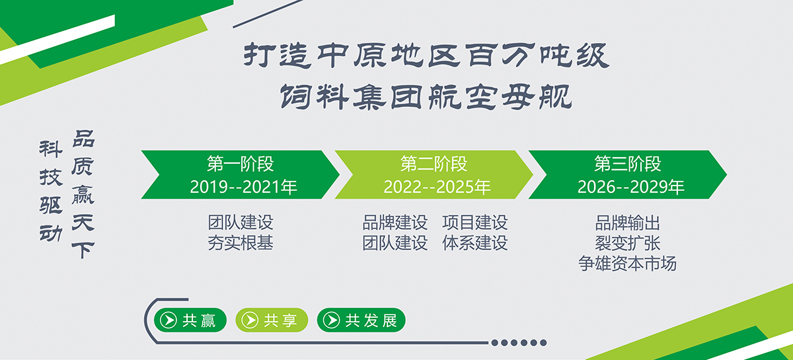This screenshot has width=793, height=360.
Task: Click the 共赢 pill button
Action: (190, 320)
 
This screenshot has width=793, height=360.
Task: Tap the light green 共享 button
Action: (272, 320)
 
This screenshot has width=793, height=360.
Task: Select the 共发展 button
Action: (361, 320)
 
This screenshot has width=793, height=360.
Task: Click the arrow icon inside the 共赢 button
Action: (169, 320)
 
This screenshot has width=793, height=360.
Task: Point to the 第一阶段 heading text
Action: (241, 164)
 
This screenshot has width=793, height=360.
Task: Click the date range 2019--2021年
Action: (243, 187)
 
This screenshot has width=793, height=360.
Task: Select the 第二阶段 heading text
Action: (434, 164)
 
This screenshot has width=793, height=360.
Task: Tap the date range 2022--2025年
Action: (437, 187)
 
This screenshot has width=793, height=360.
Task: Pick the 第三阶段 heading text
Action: (627, 164)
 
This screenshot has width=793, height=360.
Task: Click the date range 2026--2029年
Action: (630, 187)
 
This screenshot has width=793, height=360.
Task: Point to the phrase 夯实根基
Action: (241, 243)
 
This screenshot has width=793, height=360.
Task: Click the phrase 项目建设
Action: (474, 223)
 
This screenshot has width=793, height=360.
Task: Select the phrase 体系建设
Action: (474, 243)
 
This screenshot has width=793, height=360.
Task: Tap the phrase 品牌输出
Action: (627, 223)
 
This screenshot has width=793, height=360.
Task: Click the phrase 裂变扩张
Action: (627, 243)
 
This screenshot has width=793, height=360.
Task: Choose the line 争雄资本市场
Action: (627, 264)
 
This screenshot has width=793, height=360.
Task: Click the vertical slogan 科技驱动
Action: (51, 191)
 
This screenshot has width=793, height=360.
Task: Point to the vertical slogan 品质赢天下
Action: (83, 194)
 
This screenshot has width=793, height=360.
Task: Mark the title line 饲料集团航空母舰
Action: (426, 96)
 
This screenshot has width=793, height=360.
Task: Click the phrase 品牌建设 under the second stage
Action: (395, 223)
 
